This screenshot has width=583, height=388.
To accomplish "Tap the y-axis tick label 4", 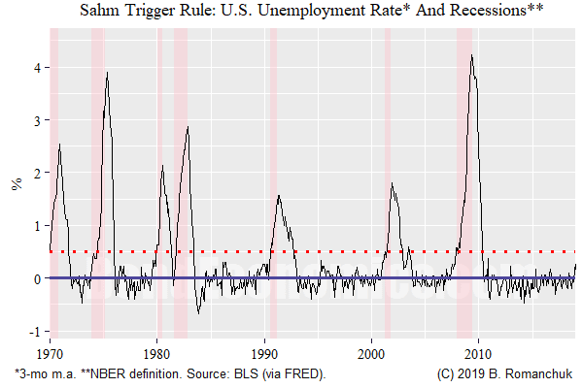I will (33, 68).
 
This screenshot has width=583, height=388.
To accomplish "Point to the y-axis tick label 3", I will (33, 120).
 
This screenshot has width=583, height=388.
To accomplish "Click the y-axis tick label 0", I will (33, 278).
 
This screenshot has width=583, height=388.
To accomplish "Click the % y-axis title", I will (17, 182).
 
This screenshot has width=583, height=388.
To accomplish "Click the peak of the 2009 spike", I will (471, 55).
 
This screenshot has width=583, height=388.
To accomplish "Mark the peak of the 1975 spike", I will (107, 73).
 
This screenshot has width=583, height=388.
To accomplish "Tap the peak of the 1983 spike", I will (188, 127).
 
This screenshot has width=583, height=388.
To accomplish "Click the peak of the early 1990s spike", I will (279, 195).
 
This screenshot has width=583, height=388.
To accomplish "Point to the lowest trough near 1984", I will (199, 313).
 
